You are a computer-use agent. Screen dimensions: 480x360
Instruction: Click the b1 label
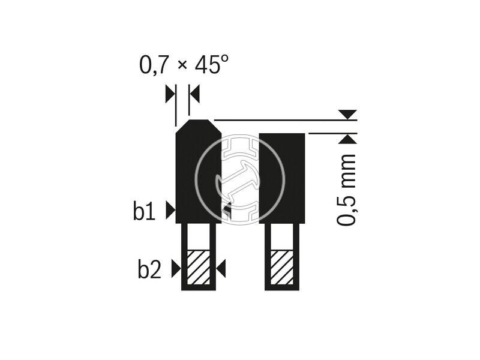pos(144,211)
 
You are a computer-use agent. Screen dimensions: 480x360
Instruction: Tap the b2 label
pos(149,269)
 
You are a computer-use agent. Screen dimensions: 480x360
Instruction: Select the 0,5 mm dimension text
pos(346,190)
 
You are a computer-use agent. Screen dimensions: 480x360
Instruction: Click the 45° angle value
pos(211,64)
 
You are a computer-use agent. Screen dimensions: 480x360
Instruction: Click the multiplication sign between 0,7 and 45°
pos(182,65)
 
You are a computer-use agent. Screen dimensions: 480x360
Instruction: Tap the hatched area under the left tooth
pos(199,267)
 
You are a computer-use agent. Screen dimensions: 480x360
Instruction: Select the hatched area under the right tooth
pos(281,267)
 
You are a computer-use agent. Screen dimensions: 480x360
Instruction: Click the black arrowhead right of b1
pos(170,211)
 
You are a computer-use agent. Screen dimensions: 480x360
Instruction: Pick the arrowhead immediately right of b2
pos(176,269)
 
